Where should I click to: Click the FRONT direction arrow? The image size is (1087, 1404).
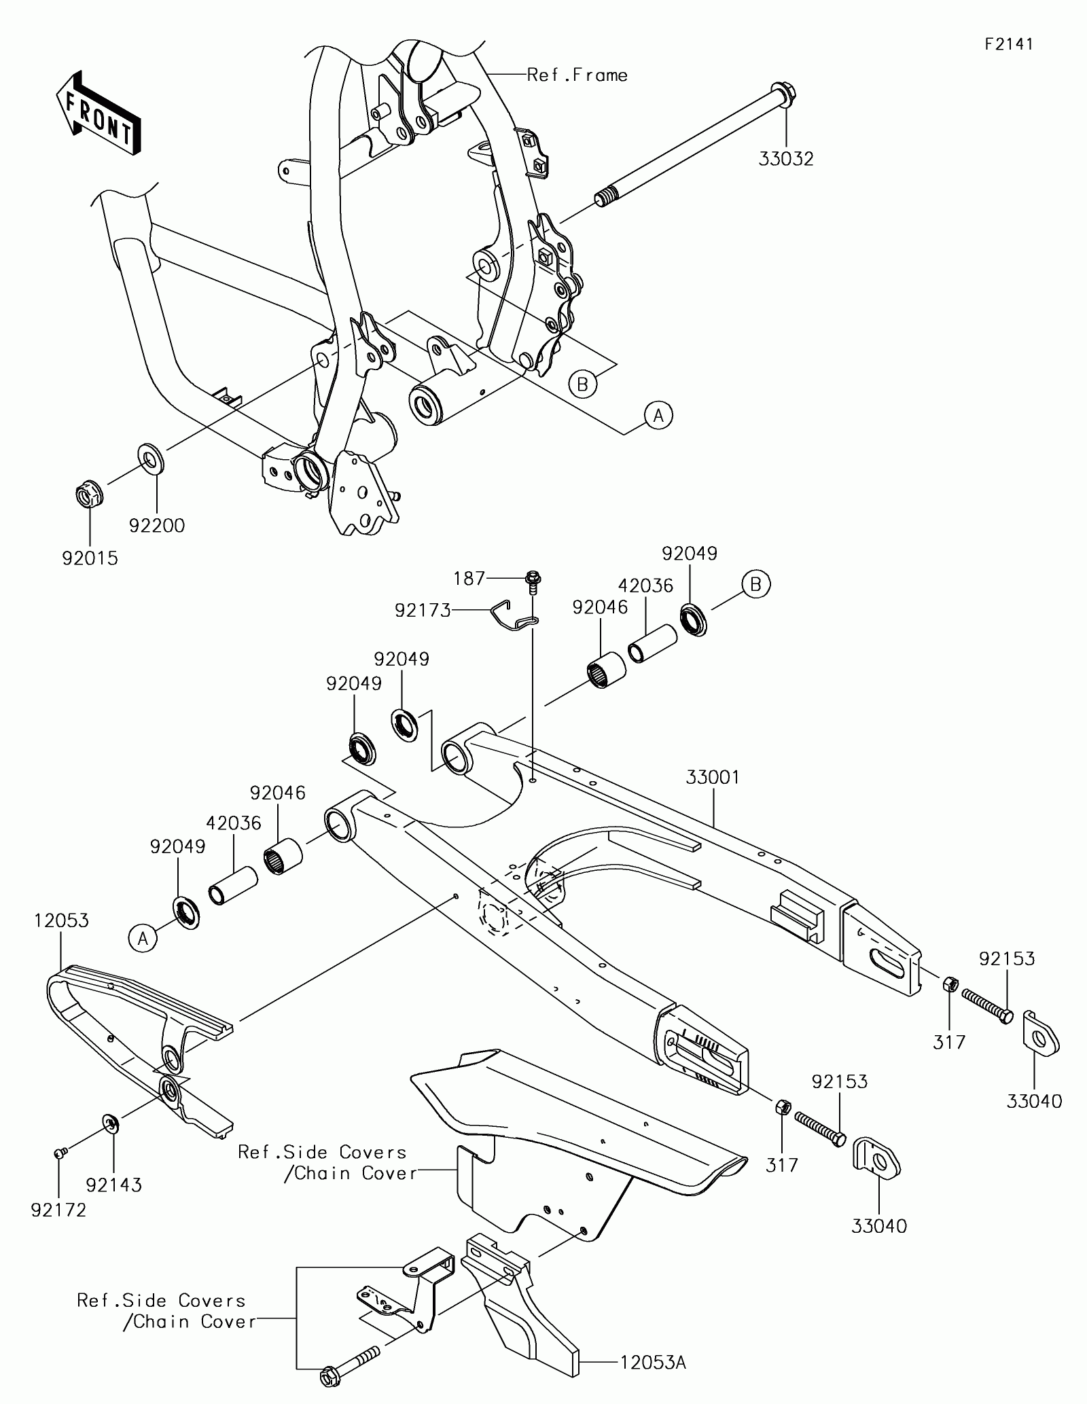click(99, 111)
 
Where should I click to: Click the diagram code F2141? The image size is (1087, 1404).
click(1009, 44)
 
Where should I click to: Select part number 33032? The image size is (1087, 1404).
click(785, 158)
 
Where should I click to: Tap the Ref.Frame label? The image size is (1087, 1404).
click(577, 75)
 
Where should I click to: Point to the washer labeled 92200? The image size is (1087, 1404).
click(153, 458)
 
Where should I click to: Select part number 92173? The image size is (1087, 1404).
click(423, 611)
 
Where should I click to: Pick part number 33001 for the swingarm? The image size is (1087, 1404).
click(713, 777)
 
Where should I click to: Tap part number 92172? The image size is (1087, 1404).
click(58, 1210)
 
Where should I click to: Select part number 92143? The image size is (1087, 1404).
click(113, 1185)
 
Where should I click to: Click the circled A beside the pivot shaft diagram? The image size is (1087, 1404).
click(658, 414)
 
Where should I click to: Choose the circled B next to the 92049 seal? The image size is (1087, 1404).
click(756, 584)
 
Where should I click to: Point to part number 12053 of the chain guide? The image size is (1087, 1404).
click(61, 920)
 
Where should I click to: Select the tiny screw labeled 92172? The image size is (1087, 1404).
click(59, 1151)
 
